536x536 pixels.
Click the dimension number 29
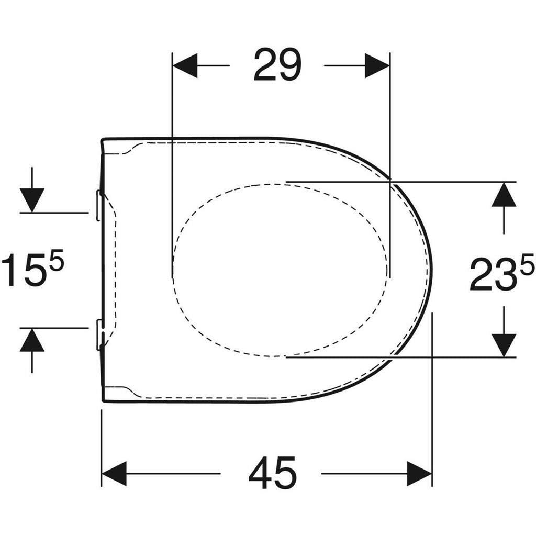coord(277,65)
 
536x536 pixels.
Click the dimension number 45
coord(272,473)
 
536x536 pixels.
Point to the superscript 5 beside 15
coord(57,260)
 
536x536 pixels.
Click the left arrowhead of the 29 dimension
coord(185,65)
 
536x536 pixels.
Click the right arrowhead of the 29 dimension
coord(377,65)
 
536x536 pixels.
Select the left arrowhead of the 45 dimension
coord(114,474)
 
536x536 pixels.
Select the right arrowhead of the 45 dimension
coord(419,474)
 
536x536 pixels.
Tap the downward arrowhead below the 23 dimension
coord(504,345)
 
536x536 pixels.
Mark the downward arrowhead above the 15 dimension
coord(32,200)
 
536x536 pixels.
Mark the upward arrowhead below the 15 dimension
coord(32,341)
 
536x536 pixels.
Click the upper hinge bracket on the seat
coord(99,205)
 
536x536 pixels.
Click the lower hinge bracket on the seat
coord(99,334)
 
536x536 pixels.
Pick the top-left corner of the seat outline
coord(103,140)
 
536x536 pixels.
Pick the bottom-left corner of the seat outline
coord(103,400)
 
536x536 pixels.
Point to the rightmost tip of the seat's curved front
coord(432,270)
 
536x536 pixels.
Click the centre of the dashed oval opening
coord(281,270)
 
